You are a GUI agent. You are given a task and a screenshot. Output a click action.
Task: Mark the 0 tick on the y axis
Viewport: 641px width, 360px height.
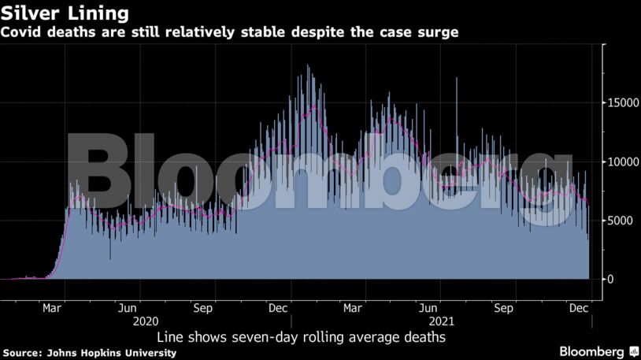[610, 280]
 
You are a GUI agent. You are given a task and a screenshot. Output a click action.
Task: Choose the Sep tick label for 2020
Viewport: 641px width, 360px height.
[203, 308]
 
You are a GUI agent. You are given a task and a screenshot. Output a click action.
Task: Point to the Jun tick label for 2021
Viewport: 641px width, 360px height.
[429, 308]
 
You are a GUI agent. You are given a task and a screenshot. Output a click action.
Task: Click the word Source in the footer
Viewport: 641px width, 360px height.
[23, 352]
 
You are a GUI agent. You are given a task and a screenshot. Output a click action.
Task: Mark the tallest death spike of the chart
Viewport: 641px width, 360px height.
[308, 68]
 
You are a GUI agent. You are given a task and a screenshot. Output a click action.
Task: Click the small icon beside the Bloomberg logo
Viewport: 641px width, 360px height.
[633, 351]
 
